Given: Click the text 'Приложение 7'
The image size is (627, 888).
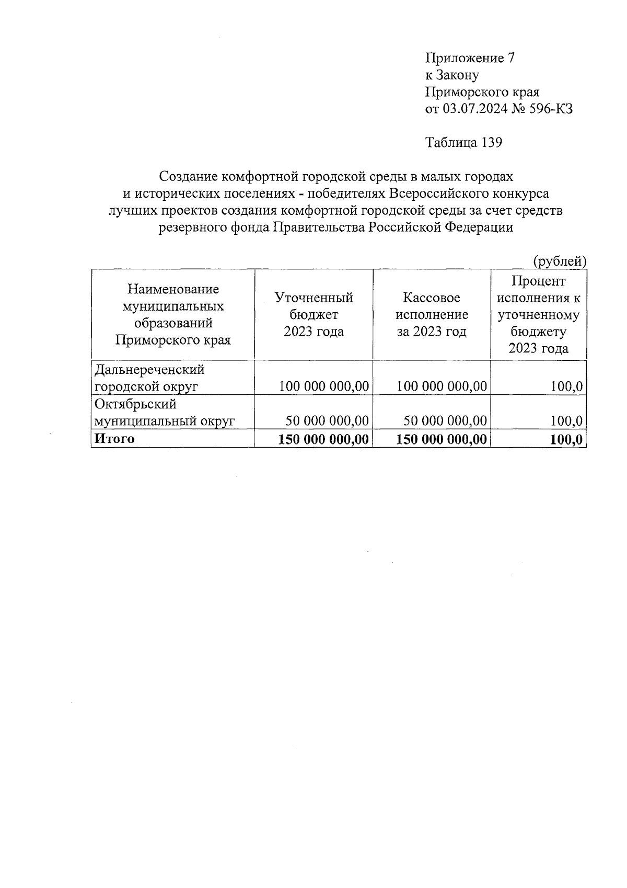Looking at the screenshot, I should click(x=470, y=58).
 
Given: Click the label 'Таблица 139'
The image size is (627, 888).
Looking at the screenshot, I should click(x=464, y=143).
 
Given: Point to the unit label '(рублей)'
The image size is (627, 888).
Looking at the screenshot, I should click(x=559, y=261).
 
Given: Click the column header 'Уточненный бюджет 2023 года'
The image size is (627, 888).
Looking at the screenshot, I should click(x=313, y=314).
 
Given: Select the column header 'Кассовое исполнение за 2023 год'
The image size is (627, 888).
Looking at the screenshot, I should click(x=432, y=314).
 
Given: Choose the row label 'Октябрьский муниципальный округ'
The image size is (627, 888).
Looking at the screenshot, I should click(x=164, y=413).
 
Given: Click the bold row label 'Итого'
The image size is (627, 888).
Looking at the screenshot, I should click(x=114, y=439).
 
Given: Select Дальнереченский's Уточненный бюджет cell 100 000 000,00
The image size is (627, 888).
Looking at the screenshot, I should click(x=323, y=387).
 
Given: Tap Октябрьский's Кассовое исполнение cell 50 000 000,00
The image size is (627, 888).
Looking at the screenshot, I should click(x=445, y=421).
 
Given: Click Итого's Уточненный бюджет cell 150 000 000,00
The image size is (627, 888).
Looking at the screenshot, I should click(x=323, y=439).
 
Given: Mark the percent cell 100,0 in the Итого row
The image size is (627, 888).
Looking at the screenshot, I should click(x=566, y=439).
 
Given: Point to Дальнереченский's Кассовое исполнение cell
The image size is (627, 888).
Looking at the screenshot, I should click(x=442, y=387).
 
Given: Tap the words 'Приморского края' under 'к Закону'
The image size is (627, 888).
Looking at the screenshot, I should click(x=482, y=93).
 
